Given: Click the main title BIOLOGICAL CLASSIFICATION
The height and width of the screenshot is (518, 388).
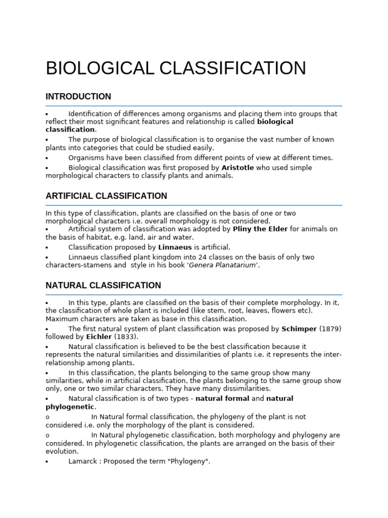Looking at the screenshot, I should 176,68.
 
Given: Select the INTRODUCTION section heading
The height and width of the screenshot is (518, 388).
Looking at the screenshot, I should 78,97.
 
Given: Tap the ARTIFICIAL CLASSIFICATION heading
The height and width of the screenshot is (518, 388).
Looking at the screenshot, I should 106,196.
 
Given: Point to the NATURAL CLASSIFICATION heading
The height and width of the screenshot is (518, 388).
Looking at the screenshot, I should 103,285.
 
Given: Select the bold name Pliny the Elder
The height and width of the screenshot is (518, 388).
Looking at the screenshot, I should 260,229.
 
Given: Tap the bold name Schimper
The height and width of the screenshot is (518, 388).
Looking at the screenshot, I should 299,329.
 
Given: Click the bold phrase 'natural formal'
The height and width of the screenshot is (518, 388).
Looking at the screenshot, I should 222,399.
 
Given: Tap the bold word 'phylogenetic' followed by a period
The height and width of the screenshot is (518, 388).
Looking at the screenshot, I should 70,407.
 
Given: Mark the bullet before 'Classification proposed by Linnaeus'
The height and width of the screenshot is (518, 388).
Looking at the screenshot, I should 47,248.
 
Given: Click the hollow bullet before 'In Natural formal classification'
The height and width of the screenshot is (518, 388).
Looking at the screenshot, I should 47,417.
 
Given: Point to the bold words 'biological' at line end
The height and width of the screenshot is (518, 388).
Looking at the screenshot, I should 275,122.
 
